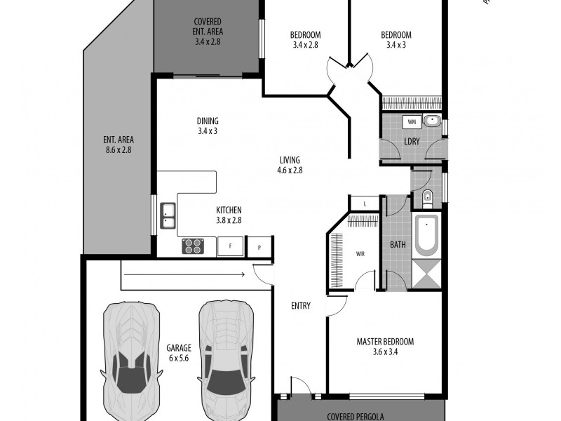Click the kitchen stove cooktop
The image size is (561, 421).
tap(193, 246)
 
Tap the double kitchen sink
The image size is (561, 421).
tap(168, 215)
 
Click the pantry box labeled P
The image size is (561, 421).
tap(259, 246)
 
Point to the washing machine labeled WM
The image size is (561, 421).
tap(412, 122)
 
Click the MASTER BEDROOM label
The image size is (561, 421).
tap(385, 342)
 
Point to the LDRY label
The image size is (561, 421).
tap(412, 142)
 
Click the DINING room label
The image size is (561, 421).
tap(208, 121)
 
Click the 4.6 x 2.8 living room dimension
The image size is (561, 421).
tap(290, 170)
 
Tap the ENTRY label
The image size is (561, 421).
tap(301, 306)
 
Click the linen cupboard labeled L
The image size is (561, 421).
tap(364, 204)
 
